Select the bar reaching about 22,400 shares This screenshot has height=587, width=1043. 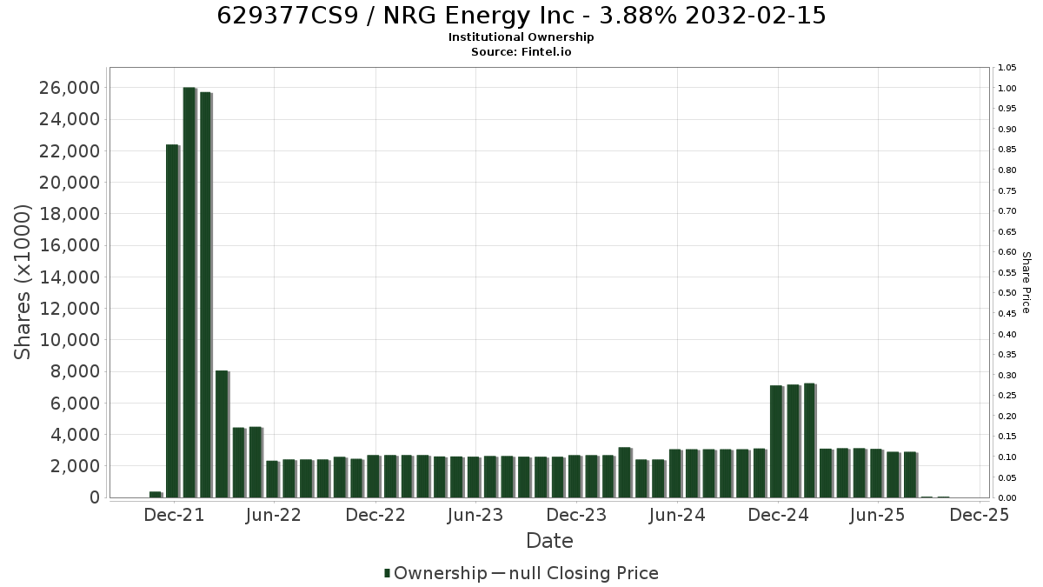[172, 321]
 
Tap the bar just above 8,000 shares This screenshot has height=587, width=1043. [222, 434]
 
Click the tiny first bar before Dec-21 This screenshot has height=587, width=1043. [155, 495]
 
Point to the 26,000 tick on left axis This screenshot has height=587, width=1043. [70, 88]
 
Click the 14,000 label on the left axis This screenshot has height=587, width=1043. [70, 277]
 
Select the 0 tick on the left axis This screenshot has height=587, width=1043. [95, 497]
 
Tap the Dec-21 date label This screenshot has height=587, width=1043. [174, 515]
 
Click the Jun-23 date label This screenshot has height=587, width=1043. [475, 515]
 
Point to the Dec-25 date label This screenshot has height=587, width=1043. [980, 515]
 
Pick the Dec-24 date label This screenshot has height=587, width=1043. [778, 515]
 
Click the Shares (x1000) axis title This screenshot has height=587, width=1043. [22, 283]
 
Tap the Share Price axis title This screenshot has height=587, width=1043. [1026, 283]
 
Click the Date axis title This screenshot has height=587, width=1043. [549, 541]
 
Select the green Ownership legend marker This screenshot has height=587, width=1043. [387, 573]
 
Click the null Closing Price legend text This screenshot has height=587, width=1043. [584, 573]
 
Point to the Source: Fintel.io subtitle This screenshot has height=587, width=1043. [521, 51]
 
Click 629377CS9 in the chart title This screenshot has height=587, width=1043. [288, 16]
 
